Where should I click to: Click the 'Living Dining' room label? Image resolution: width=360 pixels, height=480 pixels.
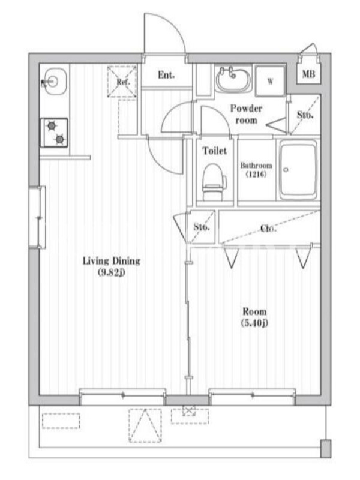(112, 261)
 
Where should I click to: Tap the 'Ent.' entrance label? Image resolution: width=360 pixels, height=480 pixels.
(166, 74)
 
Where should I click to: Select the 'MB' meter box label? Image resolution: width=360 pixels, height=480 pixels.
(308, 74)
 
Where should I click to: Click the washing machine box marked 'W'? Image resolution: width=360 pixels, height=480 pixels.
(270, 80)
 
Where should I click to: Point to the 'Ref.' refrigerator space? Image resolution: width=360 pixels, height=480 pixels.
(122, 82)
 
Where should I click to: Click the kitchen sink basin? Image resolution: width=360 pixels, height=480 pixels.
(55, 81)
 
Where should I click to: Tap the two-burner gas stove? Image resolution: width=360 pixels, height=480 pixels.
(54, 133)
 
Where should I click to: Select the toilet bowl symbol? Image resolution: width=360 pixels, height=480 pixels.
(214, 182)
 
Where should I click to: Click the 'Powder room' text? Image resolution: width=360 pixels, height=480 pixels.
(246, 114)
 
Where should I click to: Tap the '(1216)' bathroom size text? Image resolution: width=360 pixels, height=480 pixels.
(256, 174)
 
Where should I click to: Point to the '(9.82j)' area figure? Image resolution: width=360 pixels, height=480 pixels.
(112, 272)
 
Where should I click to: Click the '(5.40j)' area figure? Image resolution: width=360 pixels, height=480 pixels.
(254, 323)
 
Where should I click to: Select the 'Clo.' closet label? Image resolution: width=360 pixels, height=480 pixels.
(268, 228)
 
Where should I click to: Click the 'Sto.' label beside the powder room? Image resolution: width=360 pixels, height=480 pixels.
(305, 115)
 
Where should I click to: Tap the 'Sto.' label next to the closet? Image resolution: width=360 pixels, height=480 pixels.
(202, 227)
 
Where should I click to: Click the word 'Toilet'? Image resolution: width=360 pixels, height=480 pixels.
(215, 151)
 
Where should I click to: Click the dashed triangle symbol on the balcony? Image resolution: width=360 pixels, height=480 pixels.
(145, 425)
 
